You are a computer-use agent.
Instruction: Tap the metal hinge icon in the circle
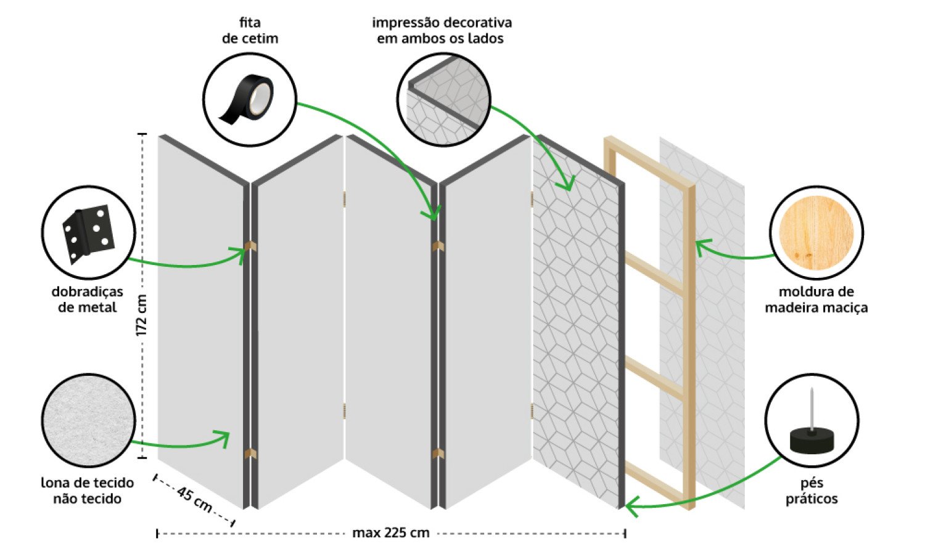[x=88, y=234]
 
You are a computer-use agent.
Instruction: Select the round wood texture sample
[x=816, y=233]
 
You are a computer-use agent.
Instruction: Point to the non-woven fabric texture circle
[x=88, y=420]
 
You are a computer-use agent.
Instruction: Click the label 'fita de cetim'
[x=250, y=31]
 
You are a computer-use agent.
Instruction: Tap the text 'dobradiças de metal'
[x=87, y=299]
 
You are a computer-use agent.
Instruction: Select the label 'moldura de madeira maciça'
[x=816, y=299]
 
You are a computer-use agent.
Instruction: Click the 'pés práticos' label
[x=812, y=491]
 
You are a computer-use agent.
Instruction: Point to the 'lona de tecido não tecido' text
[x=87, y=491]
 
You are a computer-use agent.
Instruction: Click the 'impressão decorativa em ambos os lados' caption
[x=442, y=31]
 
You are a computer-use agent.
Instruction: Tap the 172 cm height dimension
[x=141, y=315]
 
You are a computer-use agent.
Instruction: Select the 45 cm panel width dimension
[x=194, y=499]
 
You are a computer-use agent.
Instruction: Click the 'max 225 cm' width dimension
[x=390, y=533]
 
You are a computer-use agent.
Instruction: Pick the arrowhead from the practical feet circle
[x=631, y=507]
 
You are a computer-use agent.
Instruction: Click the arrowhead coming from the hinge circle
[x=239, y=253]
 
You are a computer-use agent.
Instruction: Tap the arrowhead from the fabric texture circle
[x=223, y=438]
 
